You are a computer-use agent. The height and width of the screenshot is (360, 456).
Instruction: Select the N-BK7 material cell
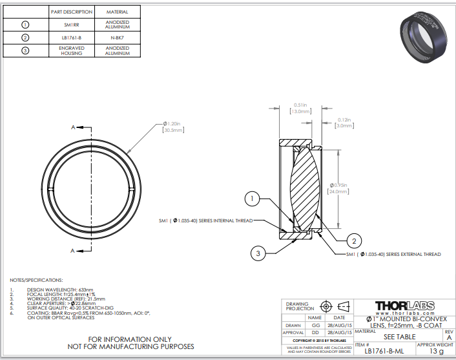pyautogui.click(x=117, y=38)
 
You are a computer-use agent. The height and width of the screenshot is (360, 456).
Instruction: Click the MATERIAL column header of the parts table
pyautogui.click(x=117, y=12)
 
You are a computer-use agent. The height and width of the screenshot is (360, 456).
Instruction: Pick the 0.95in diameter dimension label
pyautogui.click(x=338, y=186)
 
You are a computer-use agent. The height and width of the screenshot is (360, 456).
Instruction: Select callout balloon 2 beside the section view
pyautogui.click(x=353, y=241)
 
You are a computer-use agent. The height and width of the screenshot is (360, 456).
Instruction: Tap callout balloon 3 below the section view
pyautogui.click(x=258, y=254)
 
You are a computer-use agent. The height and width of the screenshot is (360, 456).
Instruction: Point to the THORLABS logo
pyautogui.click(x=406, y=305)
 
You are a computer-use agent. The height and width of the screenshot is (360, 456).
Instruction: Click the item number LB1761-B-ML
pyautogui.click(x=386, y=351)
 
